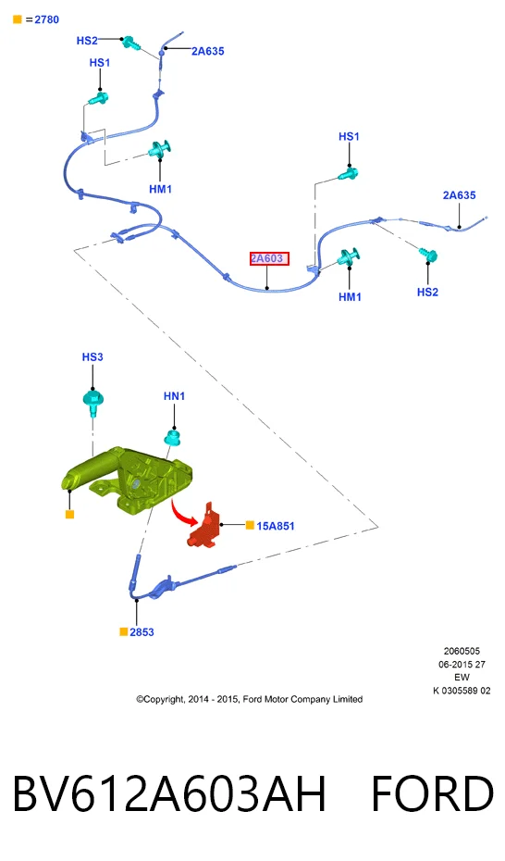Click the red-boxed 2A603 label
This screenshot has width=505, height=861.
point(269,258)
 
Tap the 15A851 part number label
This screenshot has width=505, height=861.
point(276,526)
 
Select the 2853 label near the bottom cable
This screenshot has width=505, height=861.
point(142,632)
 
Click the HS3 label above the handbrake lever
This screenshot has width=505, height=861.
point(92,357)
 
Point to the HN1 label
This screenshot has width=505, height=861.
point(175,396)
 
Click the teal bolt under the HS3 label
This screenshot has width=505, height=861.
point(92,402)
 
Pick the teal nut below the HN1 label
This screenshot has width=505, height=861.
point(173,437)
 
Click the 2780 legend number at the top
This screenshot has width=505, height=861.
point(46,19)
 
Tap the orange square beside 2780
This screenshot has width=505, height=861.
point(18,19)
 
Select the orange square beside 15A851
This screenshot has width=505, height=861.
point(250,526)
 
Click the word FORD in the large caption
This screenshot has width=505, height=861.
point(433,794)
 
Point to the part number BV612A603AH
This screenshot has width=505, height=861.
point(169,794)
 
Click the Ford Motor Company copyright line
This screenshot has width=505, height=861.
point(250,699)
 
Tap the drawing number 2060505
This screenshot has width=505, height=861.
point(462,651)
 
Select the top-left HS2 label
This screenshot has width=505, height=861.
point(87,40)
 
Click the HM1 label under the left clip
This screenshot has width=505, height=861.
point(161,189)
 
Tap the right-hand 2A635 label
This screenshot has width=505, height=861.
point(460,195)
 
